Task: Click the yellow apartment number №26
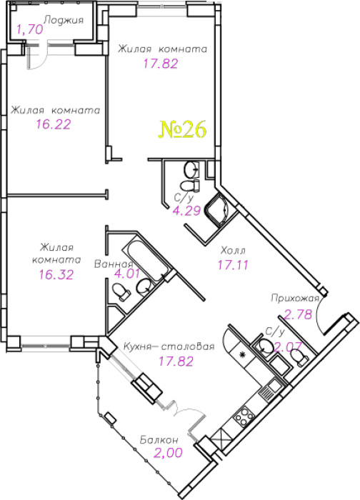tap(182, 130)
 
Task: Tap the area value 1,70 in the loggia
tap(30, 30)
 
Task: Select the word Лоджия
tap(64, 20)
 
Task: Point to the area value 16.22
tap(54, 124)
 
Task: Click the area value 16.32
tap(56, 274)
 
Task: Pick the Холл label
tap(233, 251)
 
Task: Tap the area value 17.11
tap(233, 265)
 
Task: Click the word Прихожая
tap(295, 298)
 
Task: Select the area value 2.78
tap(298, 315)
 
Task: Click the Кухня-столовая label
tap(169, 346)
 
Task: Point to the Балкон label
tap(159, 440)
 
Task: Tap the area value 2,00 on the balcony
tap(168, 452)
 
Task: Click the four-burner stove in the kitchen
tap(244, 416)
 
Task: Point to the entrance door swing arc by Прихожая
tap(319, 315)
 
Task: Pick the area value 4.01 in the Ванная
tap(127, 274)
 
